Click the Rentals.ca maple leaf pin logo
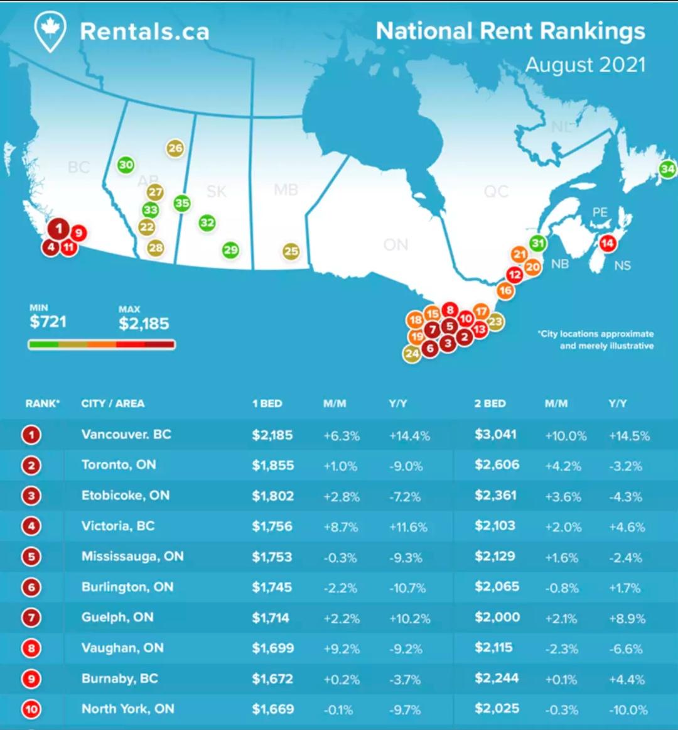50,31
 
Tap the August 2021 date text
585,65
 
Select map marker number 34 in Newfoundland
667,168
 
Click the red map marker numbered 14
607,243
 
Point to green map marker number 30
126,165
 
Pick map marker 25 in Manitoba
291,251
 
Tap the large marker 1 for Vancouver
59,228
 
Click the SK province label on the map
216,191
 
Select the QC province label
496,191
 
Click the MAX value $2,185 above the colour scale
144,324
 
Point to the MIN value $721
48,322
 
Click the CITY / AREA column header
113,403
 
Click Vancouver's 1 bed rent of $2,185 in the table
272,435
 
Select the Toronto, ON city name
119,465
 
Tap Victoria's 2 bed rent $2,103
495,526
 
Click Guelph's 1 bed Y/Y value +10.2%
409,618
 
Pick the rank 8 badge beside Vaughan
31,648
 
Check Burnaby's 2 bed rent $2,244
497,678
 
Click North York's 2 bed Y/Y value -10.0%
628,710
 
